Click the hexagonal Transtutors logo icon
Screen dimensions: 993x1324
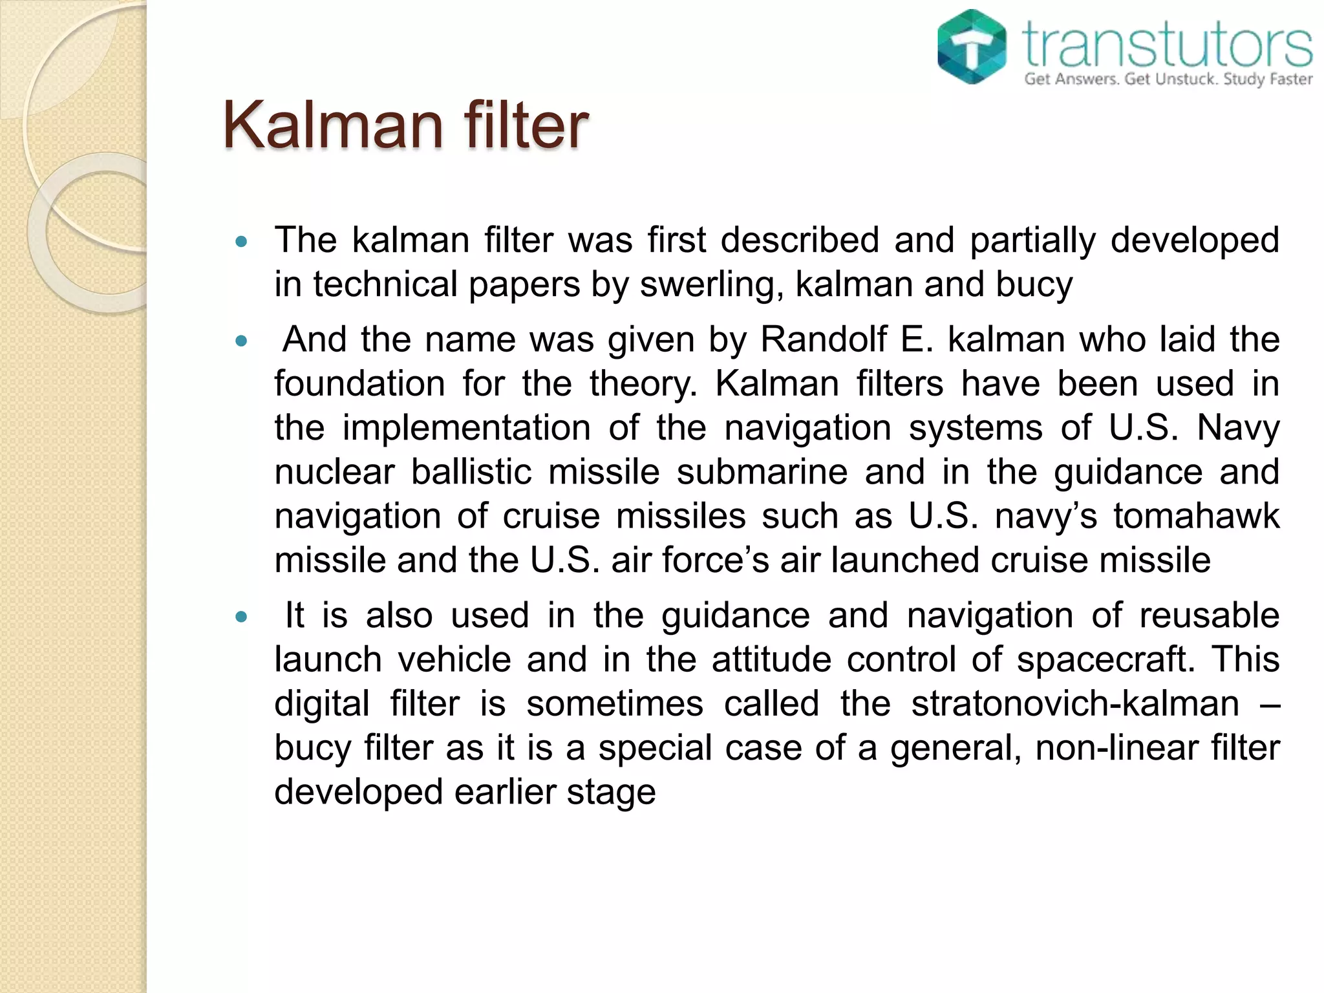click(972, 47)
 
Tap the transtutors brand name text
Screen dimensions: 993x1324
click(1168, 44)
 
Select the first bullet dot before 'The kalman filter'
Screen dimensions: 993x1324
click(242, 242)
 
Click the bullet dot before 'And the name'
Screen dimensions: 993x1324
click(242, 341)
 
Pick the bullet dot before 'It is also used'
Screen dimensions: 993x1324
click(242, 617)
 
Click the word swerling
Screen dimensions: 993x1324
click(707, 284)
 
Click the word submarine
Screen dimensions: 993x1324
click(762, 472)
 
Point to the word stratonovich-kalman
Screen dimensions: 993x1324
click(1075, 703)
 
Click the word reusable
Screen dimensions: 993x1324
click(1209, 615)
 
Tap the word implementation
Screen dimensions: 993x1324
click(466, 428)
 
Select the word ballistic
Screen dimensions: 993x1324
click(471, 472)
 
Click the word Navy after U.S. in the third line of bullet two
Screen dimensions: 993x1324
click(1237, 428)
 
